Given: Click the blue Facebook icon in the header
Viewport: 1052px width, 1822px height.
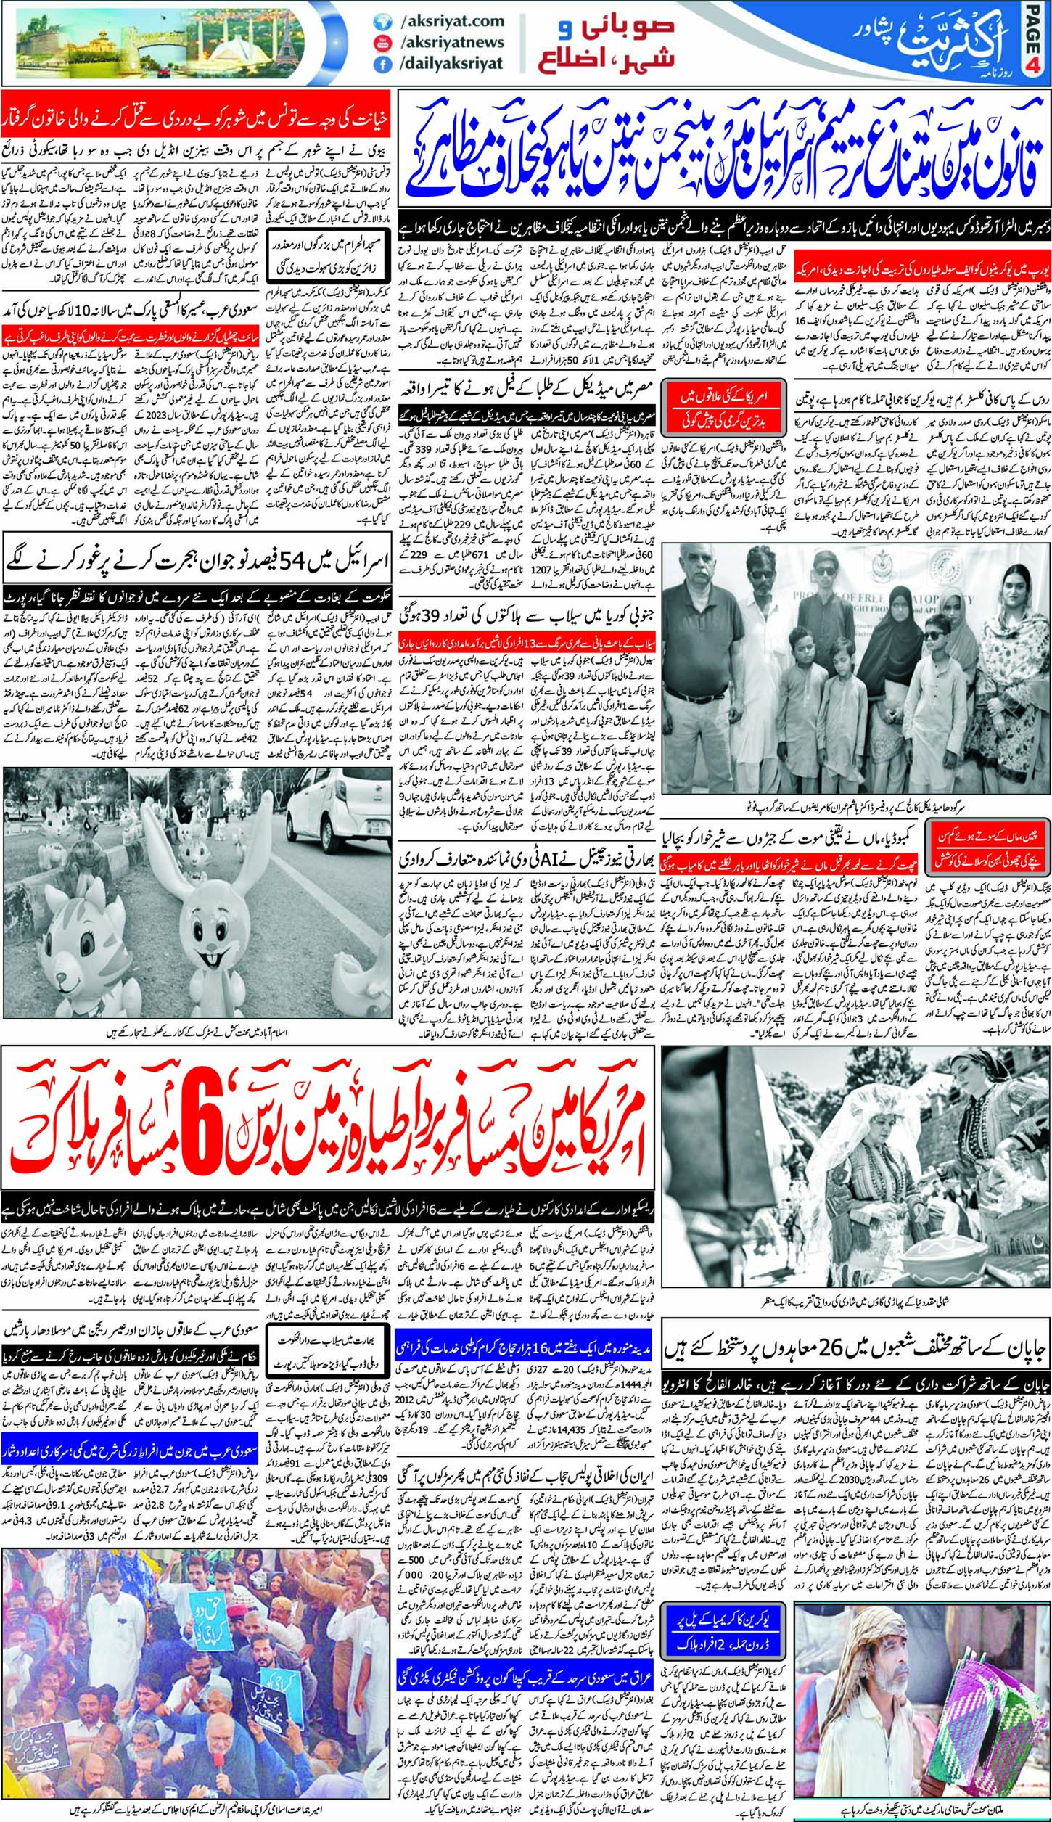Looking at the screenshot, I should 378,64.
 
